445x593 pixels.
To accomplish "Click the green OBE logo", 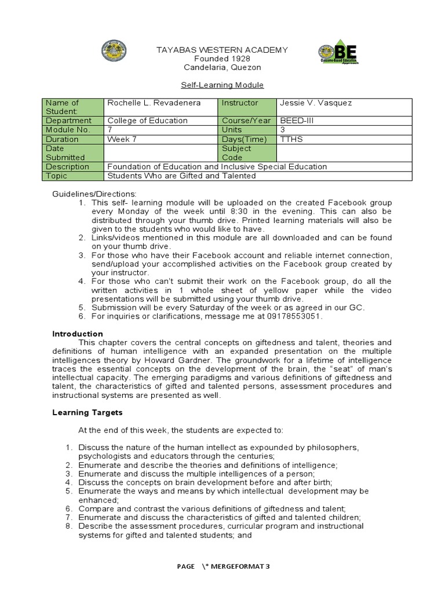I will coord(338,54).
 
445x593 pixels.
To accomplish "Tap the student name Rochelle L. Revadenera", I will coord(152,103).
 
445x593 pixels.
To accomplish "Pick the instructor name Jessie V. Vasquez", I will coord(316,103).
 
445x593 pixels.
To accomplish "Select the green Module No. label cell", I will coord(68,130).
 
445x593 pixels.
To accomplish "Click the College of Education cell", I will coord(147,120).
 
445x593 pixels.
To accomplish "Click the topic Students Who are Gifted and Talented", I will coord(181,176).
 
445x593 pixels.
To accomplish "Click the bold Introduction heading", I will coord(78,334).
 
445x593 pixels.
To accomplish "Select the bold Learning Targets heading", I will coord(87,413).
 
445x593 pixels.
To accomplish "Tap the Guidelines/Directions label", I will coord(94,193).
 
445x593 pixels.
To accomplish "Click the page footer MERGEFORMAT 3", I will coord(239,566).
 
